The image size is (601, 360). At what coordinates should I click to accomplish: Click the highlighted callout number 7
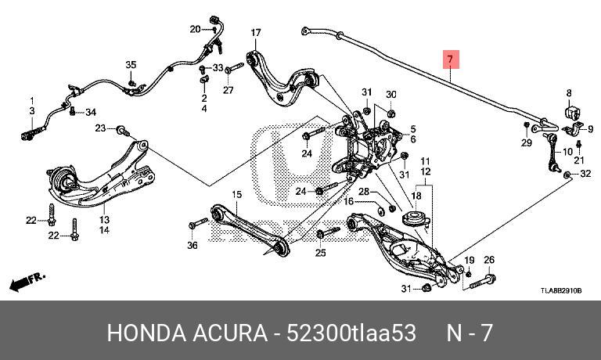pos(450,59)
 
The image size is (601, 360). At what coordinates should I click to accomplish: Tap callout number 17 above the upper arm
pos(255,32)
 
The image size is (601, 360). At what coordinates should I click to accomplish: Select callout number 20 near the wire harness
pos(195,30)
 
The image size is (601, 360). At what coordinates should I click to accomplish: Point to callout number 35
pos(131,64)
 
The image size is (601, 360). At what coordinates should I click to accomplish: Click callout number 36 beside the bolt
pos(193,245)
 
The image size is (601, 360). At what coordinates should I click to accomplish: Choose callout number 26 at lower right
pos(489,260)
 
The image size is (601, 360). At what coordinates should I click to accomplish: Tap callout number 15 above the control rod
pos(236,194)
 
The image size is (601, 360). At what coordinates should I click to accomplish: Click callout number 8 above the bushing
pos(570,92)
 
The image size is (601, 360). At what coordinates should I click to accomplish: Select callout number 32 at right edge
pos(585,174)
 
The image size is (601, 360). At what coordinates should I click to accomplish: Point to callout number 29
pos(527,142)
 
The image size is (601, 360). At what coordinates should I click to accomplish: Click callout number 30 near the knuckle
pos(391,94)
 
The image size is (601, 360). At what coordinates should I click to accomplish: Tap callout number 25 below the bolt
pos(320,253)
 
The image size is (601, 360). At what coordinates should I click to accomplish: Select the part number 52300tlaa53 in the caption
pos(360,332)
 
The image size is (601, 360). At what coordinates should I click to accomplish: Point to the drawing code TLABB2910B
pos(560,290)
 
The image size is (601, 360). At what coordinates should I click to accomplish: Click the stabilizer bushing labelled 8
pos(570,114)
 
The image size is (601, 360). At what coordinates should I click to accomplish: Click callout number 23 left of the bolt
pos(101,128)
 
